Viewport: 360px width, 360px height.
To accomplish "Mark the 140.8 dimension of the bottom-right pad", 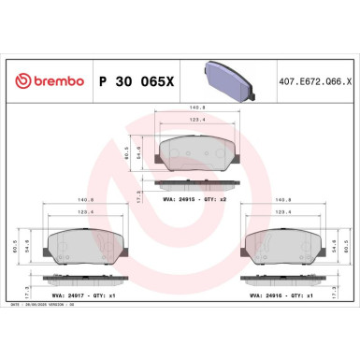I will (281, 199).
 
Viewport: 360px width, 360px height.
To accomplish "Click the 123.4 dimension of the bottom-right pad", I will (280, 213).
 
